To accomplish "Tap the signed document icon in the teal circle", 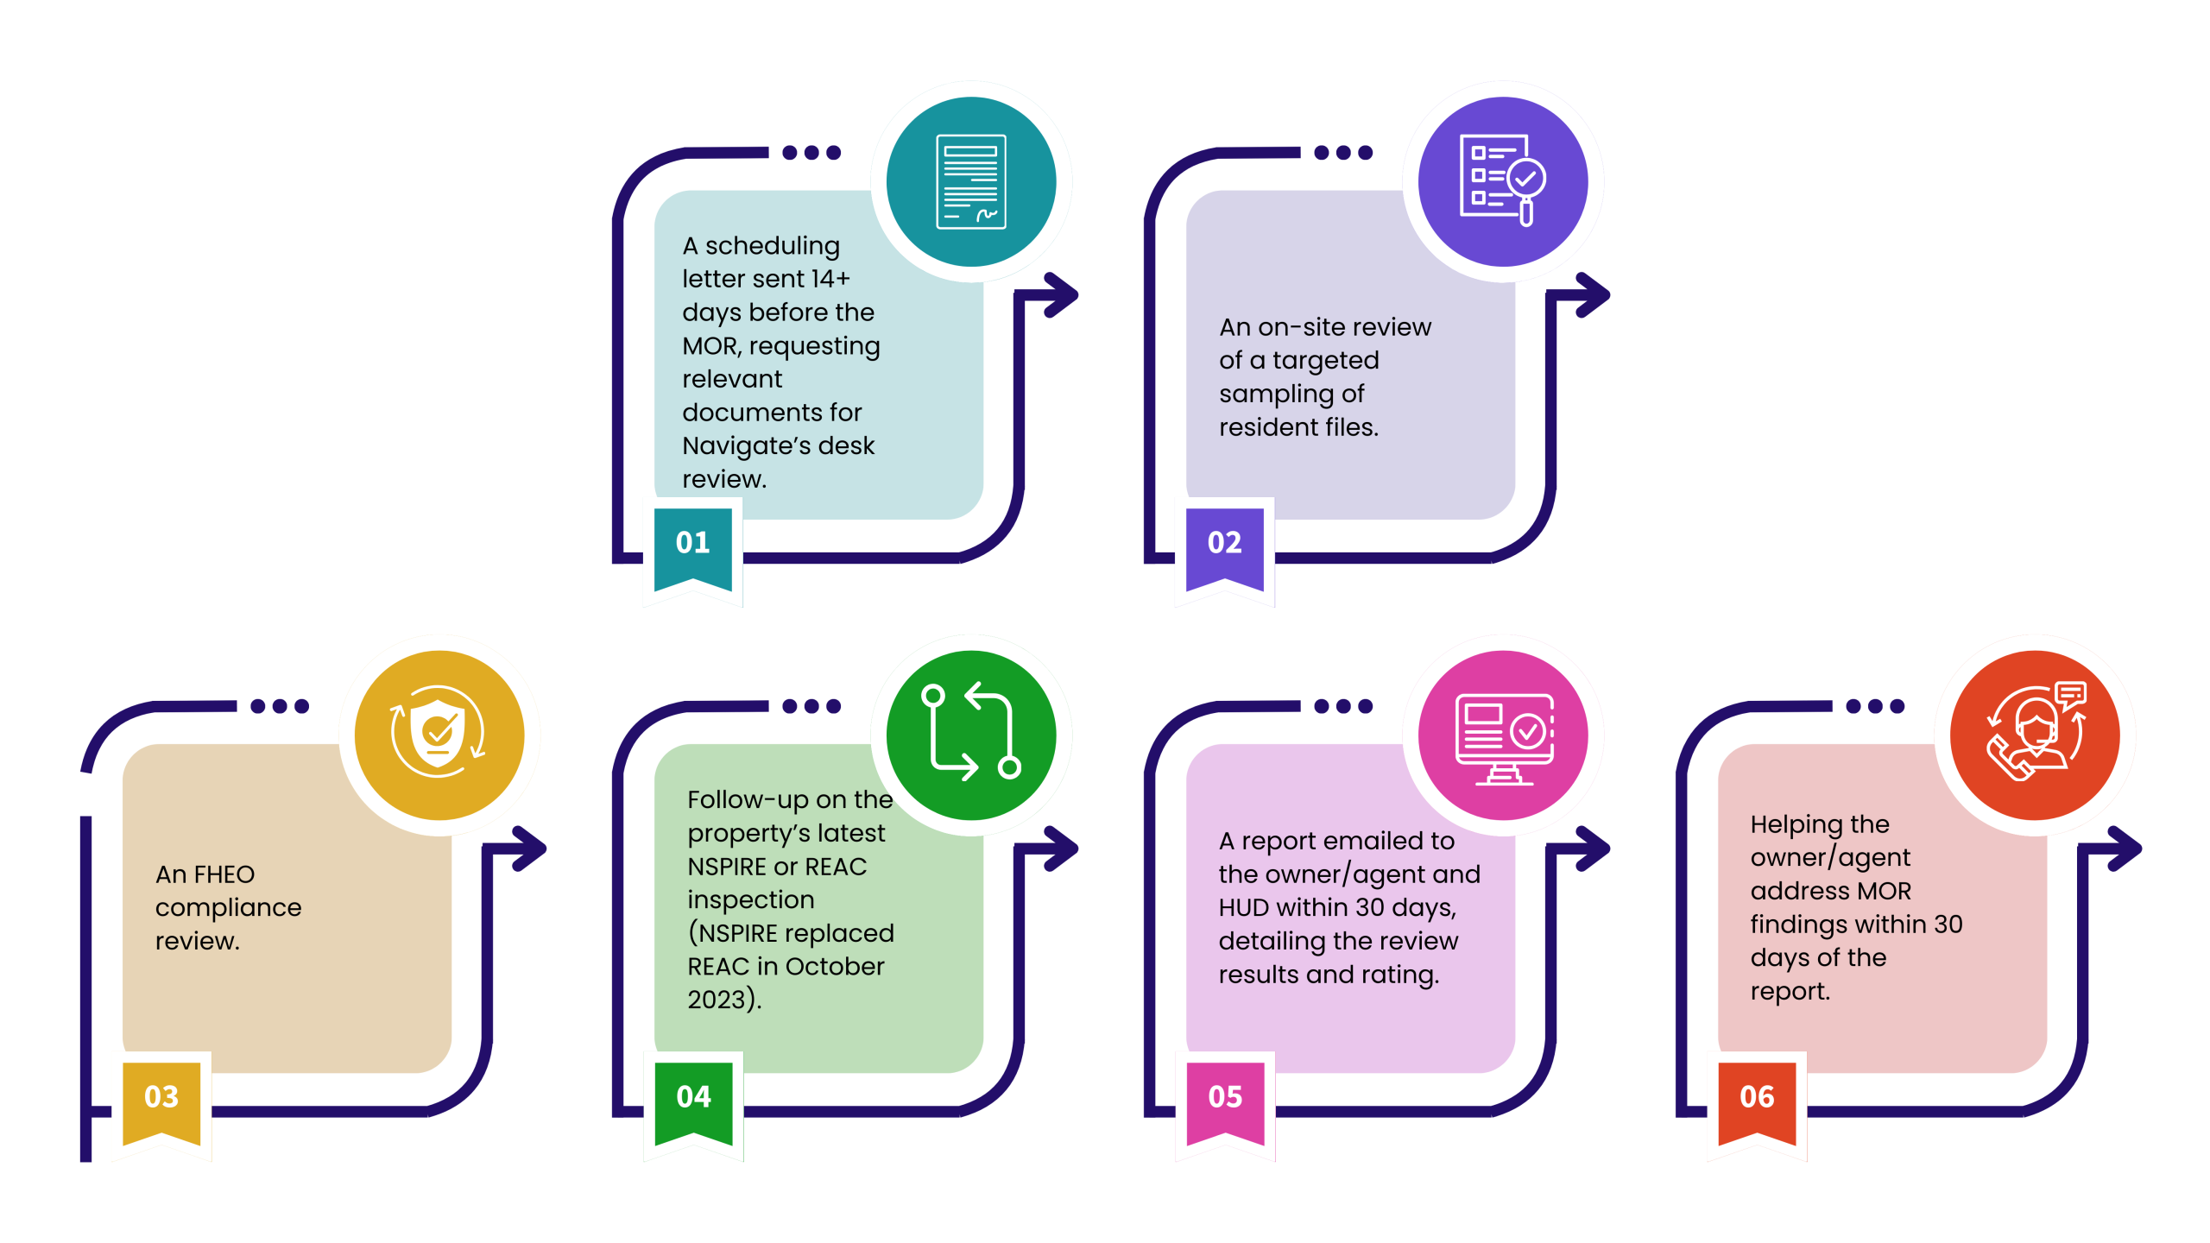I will tap(971, 181).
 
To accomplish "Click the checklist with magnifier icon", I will tap(1502, 180).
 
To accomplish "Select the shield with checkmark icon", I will tap(439, 734).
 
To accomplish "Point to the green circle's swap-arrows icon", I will tap(971, 734).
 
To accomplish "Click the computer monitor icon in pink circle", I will tap(1504, 737).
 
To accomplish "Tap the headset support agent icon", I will tap(2036, 734).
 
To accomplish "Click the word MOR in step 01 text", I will tap(710, 346).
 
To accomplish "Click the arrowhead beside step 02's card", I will tap(1593, 295).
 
